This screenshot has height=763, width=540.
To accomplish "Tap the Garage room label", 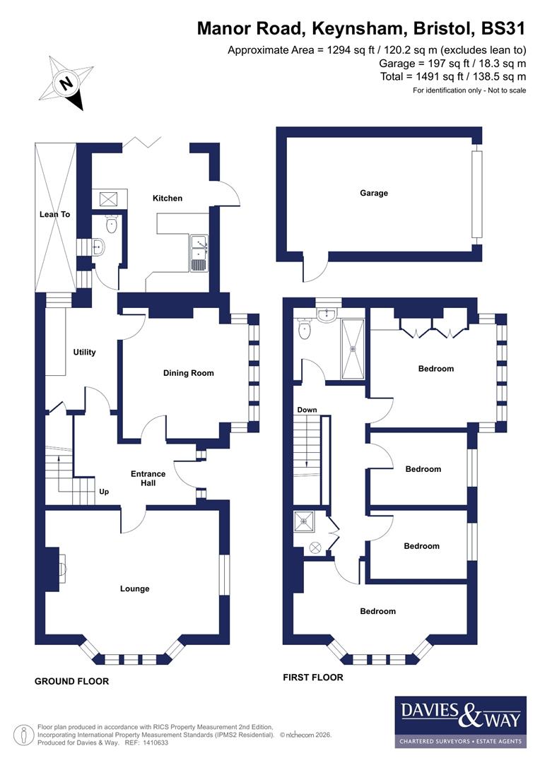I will pyautogui.click(x=374, y=193).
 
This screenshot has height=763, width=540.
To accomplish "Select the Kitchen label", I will pyautogui.click(x=168, y=199).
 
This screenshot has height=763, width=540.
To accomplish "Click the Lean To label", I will pyautogui.click(x=54, y=214).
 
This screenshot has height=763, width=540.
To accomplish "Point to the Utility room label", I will pyautogui.click(x=84, y=353).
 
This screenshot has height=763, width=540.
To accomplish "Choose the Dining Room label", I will pyautogui.click(x=188, y=373).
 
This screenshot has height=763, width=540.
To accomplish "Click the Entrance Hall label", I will pyautogui.click(x=148, y=478).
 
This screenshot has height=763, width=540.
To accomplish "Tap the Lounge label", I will pyautogui.click(x=134, y=588).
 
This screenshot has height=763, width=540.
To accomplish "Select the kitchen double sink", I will pyautogui.click(x=198, y=254).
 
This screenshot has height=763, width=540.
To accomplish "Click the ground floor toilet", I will pyautogui.click(x=111, y=225).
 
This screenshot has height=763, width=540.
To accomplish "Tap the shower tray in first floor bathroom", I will pyautogui.click(x=353, y=349).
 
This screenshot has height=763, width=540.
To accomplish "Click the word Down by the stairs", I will pyautogui.click(x=307, y=410).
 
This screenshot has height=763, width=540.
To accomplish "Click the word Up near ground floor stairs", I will pyautogui.click(x=104, y=492).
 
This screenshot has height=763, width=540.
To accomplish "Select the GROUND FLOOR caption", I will pyautogui.click(x=72, y=682).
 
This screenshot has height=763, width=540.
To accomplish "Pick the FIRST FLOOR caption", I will pyautogui.click(x=313, y=678).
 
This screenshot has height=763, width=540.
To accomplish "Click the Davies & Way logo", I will pyautogui.click(x=460, y=721).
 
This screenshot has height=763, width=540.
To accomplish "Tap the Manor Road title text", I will pyautogui.click(x=361, y=28).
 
